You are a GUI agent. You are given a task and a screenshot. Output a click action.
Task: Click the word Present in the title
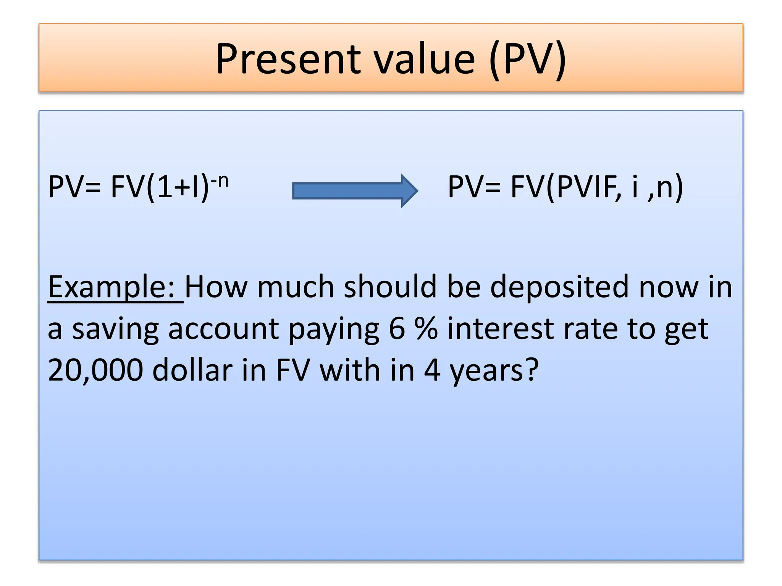[288, 59]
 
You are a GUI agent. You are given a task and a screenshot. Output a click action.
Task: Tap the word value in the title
[424, 59]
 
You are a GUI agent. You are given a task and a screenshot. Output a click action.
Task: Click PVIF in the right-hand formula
[586, 187]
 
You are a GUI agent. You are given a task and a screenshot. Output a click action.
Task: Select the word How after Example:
[216, 287]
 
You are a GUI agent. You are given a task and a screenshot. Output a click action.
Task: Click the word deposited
[559, 287]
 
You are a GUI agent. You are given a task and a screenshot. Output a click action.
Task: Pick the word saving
[115, 329]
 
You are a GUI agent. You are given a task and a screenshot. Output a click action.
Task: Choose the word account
[223, 329]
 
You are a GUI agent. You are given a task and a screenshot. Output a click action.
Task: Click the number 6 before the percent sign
[397, 329]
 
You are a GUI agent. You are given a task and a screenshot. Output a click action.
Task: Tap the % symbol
[426, 329]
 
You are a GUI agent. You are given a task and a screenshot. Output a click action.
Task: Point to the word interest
[500, 329]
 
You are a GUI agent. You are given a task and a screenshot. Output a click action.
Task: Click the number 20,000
[95, 370]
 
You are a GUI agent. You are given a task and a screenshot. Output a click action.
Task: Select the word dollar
[192, 370]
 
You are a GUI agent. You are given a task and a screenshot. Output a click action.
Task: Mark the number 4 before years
[432, 370]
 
